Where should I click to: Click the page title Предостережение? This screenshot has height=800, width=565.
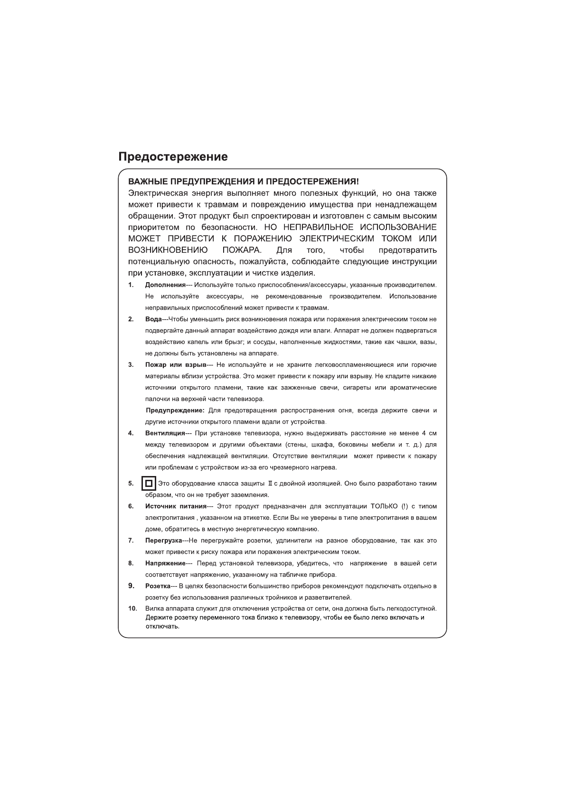click(x=173, y=157)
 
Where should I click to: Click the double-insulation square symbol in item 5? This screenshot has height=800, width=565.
click(x=149, y=484)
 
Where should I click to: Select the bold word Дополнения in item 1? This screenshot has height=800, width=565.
click(x=165, y=285)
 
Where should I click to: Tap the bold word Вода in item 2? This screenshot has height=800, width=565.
click(x=153, y=319)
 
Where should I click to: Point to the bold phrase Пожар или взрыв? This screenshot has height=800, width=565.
click(x=176, y=365)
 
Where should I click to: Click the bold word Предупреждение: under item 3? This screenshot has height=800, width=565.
click(x=175, y=410)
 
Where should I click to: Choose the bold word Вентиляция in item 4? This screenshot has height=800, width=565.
click(x=165, y=433)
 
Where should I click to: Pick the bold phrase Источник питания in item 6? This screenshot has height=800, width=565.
click(x=176, y=506)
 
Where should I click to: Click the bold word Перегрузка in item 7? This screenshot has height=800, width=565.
click(x=164, y=541)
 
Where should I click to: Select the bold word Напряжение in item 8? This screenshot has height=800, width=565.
click(x=165, y=563)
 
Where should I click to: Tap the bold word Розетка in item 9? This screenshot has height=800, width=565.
click(x=158, y=586)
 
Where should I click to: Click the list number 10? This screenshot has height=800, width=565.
click(x=132, y=609)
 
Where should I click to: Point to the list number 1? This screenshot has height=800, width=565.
click(x=131, y=285)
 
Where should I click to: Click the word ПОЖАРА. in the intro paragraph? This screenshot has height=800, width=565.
click(x=242, y=250)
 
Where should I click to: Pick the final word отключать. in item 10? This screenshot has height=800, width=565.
click(x=162, y=626)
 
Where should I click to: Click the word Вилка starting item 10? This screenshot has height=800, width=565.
click(x=154, y=609)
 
